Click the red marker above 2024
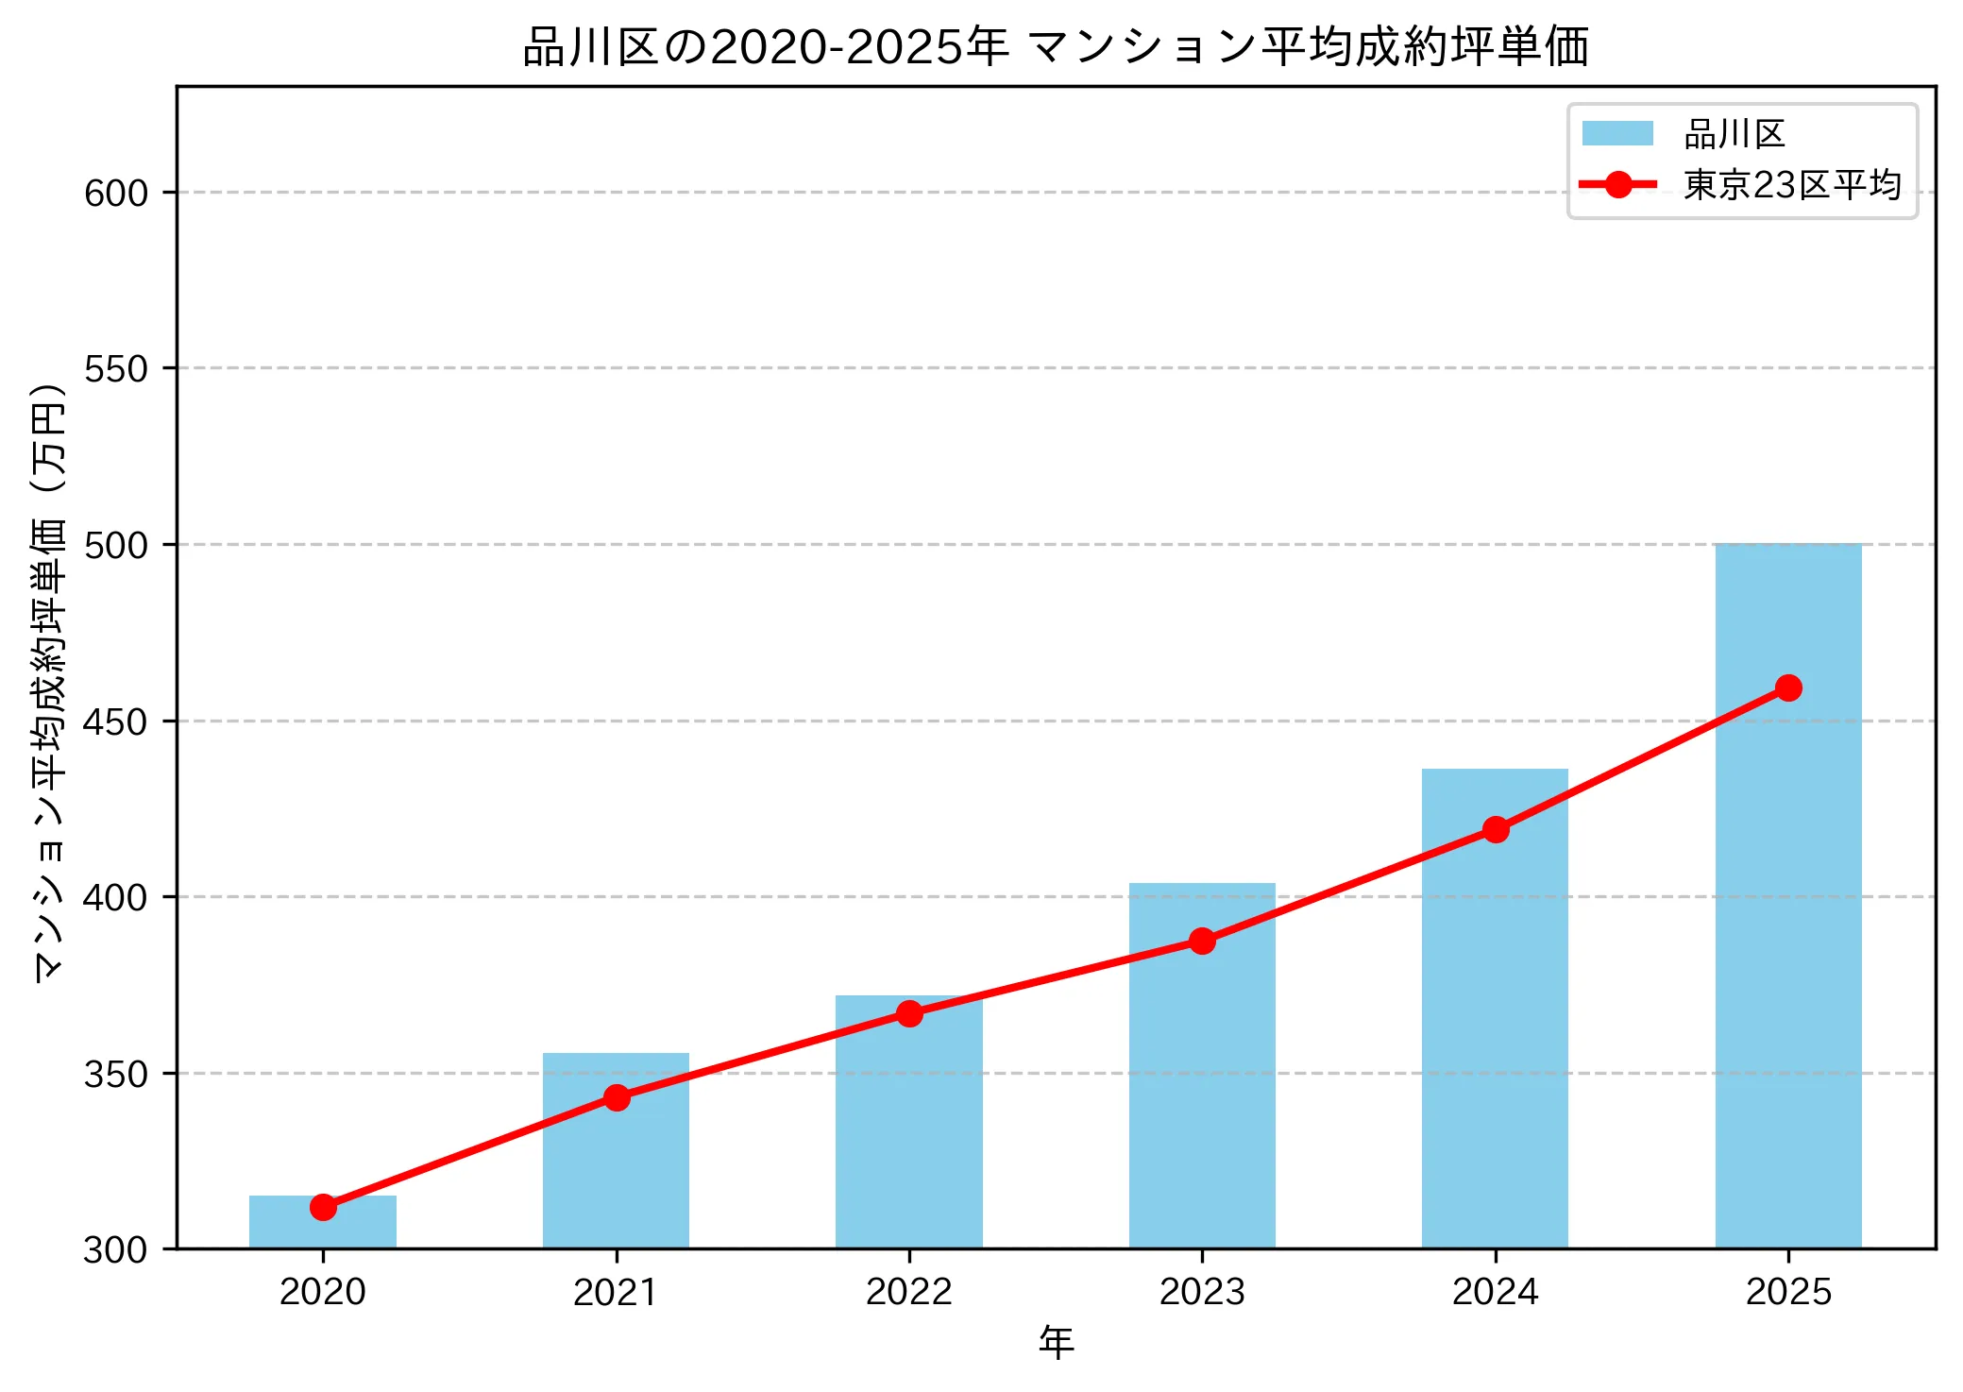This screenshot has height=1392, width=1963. tap(1495, 830)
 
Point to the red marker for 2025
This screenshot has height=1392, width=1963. tap(1787, 688)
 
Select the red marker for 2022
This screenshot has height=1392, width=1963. tap(909, 1013)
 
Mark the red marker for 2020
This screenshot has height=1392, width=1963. tap(323, 1207)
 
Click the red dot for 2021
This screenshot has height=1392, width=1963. tap(617, 1097)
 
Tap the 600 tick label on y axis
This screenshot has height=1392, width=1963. tap(116, 193)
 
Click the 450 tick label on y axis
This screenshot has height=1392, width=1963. tap(116, 721)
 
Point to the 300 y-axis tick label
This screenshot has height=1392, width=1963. tap(116, 1249)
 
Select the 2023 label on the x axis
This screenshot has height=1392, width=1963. tap(1201, 1292)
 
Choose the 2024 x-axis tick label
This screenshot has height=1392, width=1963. tap(1495, 1292)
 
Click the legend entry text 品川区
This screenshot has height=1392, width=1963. tap(1735, 134)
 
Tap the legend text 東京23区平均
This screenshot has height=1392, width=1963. tap(1791, 185)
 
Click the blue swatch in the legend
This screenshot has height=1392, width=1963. tap(1617, 134)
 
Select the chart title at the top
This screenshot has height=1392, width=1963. tap(1056, 47)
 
